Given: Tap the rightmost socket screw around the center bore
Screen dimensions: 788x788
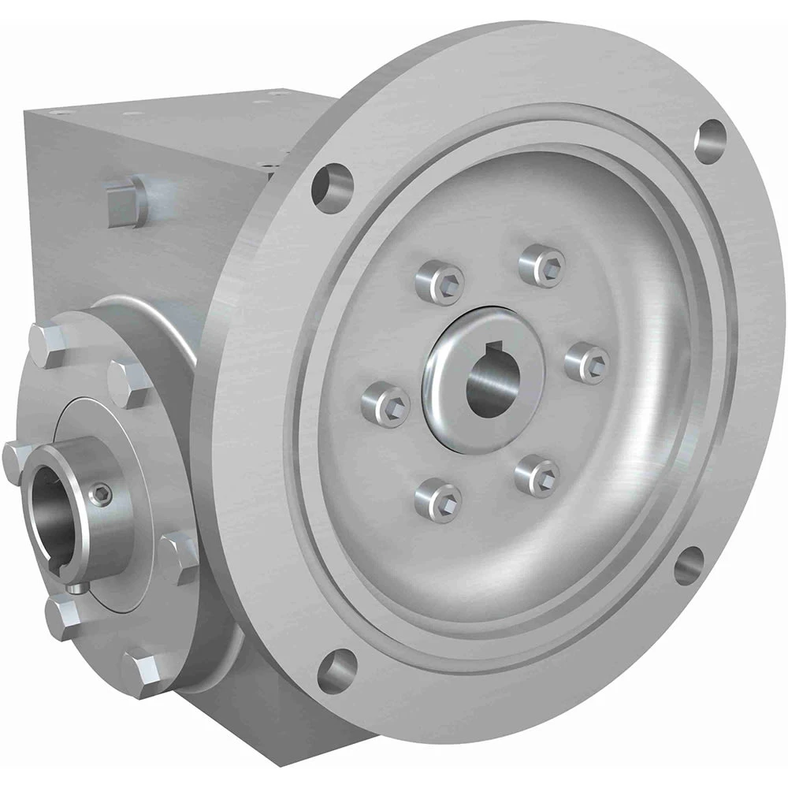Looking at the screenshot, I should click(589, 359).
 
